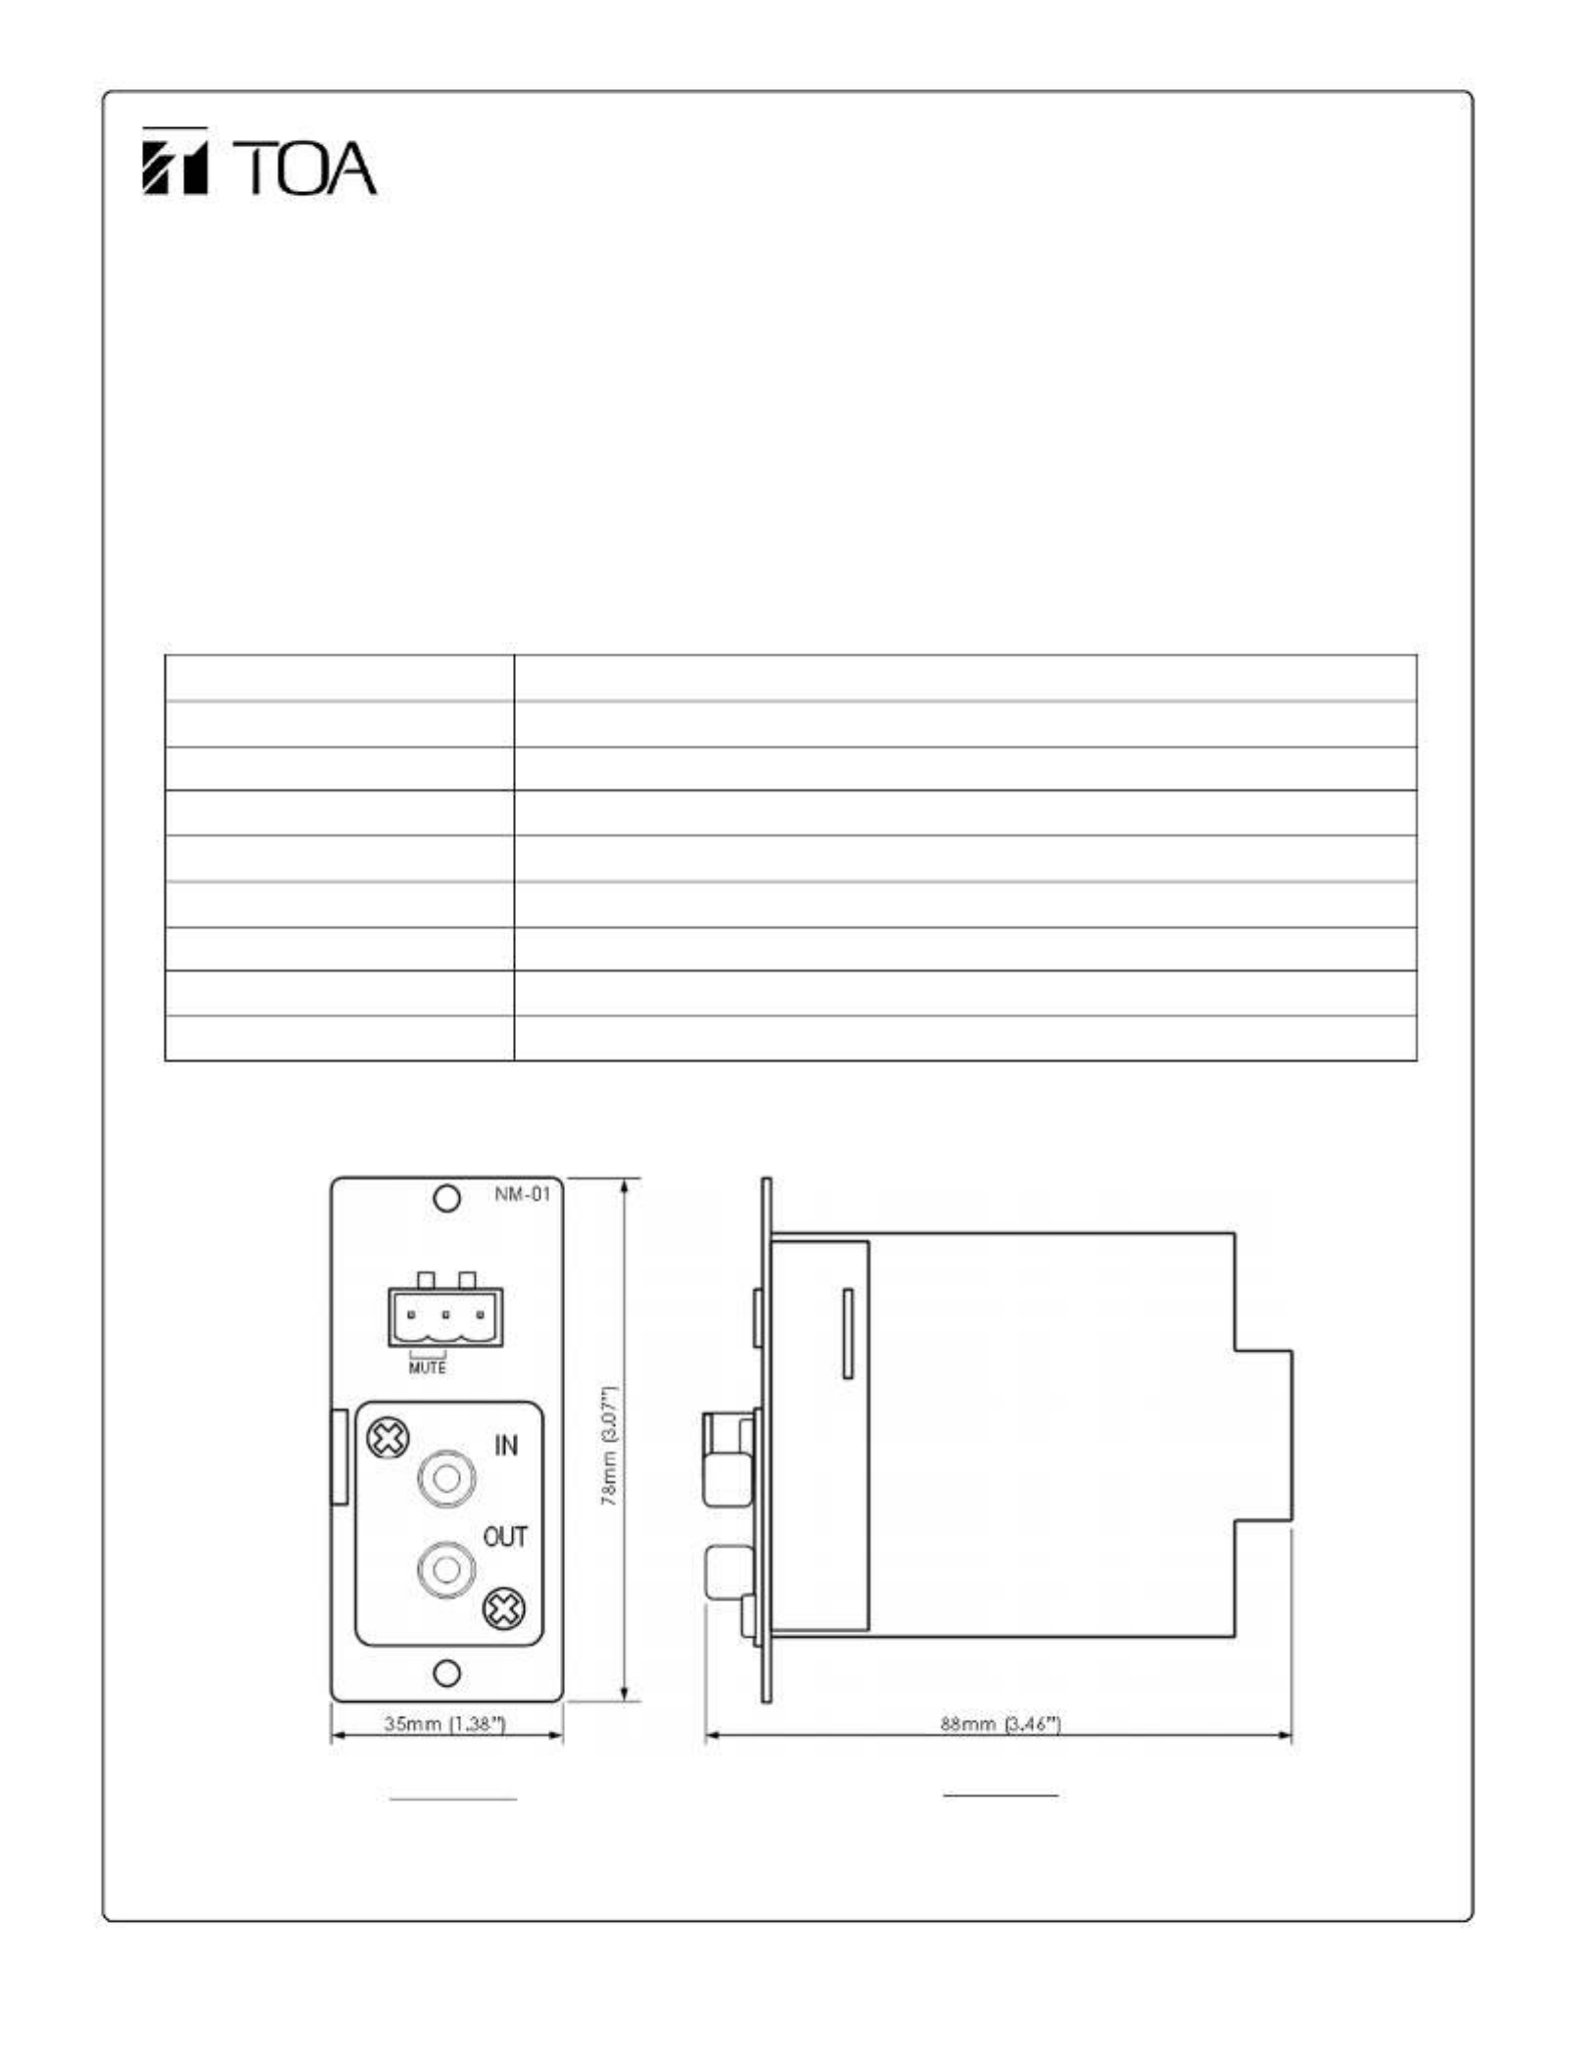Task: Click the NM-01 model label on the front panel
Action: coord(523,1194)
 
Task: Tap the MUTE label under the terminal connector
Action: coord(427,1367)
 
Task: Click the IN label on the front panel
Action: coord(505,1445)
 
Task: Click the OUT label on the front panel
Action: coord(505,1537)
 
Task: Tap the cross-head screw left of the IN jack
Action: coord(388,1440)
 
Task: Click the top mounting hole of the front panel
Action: coord(446,1199)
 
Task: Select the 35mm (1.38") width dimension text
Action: coord(445,1723)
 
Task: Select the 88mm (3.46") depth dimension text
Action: coord(1001,1723)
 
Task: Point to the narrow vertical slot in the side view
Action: coord(848,1333)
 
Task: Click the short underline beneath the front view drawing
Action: coord(453,1799)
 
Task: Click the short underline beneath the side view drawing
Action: coord(1001,1795)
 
